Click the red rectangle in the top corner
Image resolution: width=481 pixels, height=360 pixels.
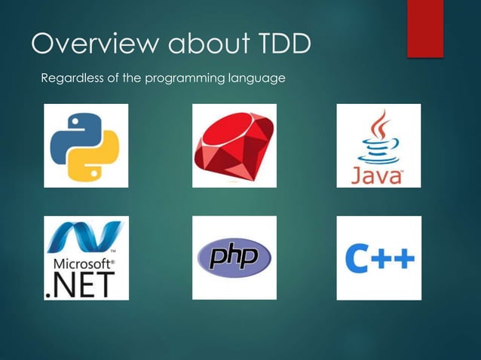pos(425,28)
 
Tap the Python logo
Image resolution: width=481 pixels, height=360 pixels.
pos(85,145)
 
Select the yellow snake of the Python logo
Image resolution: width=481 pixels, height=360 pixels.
pos(97,157)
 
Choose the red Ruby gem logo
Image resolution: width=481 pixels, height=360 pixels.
pos(234,145)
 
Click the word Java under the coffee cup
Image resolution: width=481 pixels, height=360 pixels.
pos(377,175)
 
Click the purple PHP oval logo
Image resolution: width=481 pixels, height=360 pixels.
pos(234,258)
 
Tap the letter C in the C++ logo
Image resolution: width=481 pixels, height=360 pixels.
pos(357,259)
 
